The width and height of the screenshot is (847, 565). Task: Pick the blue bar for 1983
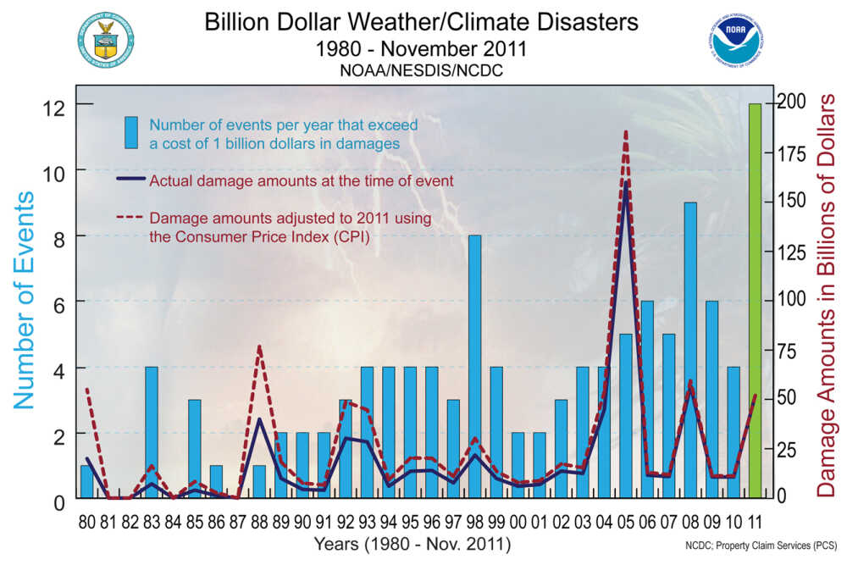coord(152,432)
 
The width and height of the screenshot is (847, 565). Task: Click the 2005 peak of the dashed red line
coord(626,132)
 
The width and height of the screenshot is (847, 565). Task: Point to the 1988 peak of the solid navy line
coord(259,419)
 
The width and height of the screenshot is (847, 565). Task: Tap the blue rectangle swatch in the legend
coord(131,133)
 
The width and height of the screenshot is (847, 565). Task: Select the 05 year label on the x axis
coord(626,521)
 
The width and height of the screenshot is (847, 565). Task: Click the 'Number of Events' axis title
coord(25,300)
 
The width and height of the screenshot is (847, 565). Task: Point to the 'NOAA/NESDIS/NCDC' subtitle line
coord(421,71)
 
